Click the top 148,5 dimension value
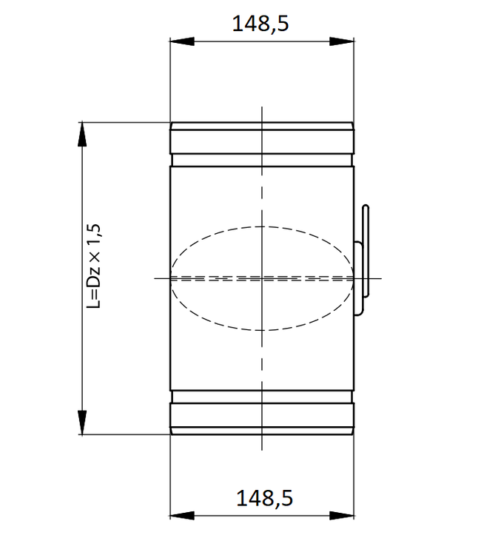pos(260,24)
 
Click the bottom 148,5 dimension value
pos(264,498)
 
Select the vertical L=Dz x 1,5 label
pos(93,266)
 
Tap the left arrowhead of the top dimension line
pos(178,42)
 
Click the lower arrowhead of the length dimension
pos(81,428)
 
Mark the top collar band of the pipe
pos(261,141)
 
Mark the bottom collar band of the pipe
pos(261,417)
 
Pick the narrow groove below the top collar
pos(261,159)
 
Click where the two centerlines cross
pos(261,278)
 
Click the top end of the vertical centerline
pos(261,108)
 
